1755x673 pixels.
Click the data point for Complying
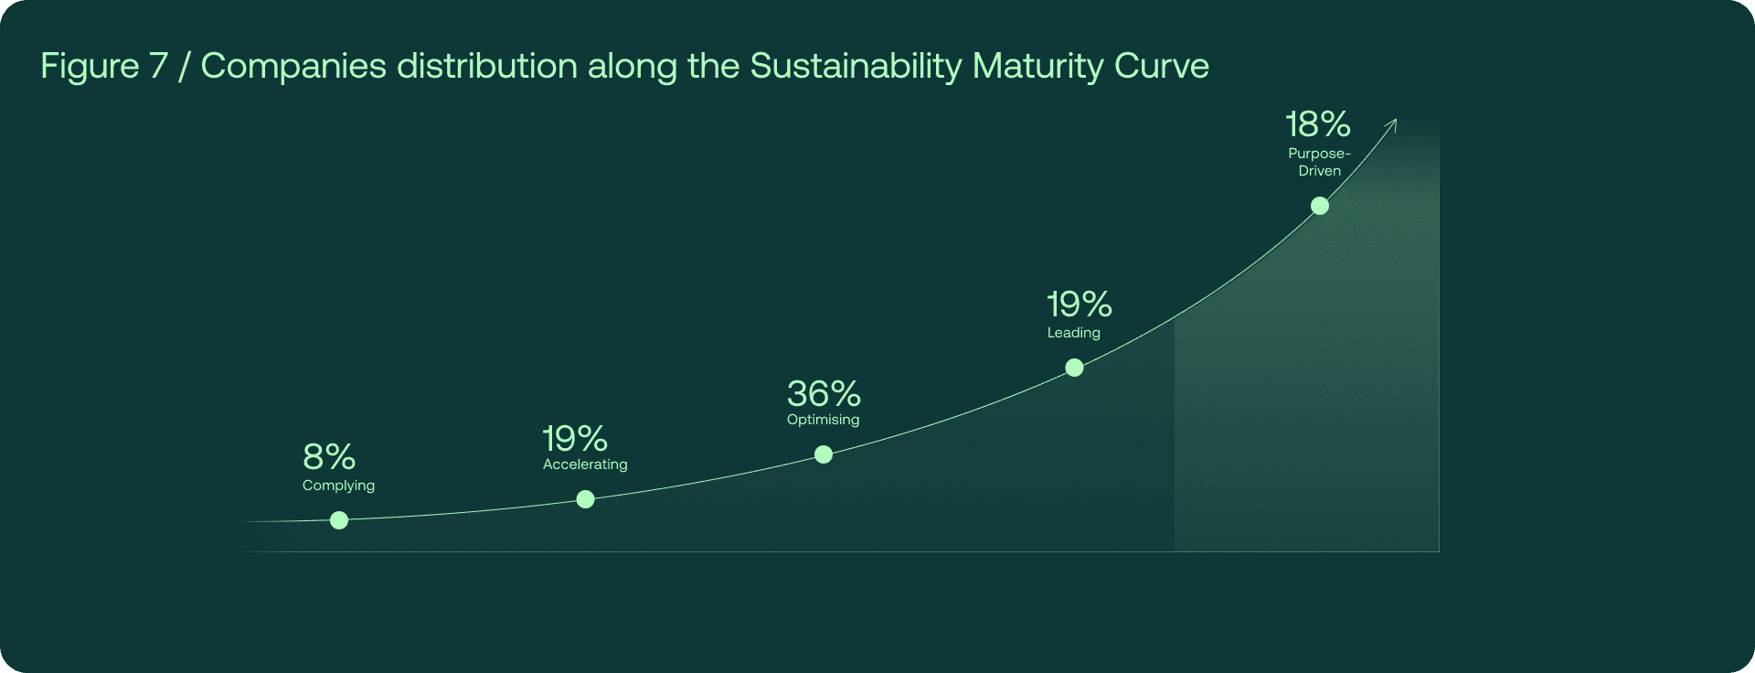[x=339, y=520]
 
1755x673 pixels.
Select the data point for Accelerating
[x=586, y=499]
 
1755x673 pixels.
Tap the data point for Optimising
[x=824, y=454]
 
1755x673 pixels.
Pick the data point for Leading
[x=1075, y=368]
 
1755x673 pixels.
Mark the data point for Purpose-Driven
[x=1320, y=206]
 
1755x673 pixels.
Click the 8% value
[x=329, y=456]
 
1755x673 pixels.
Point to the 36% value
[x=824, y=394]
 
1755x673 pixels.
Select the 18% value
[x=1318, y=124]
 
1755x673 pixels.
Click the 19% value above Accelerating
[x=575, y=439]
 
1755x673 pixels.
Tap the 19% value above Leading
[x=1080, y=304]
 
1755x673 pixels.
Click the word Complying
[x=338, y=486]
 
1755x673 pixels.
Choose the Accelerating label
[x=585, y=465]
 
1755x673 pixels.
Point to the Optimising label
[x=823, y=420]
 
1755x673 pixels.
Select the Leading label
[x=1074, y=333]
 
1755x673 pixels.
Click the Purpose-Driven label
[x=1320, y=162]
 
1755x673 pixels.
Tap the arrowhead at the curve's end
[x=1393, y=123]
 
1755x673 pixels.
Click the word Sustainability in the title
[x=856, y=67]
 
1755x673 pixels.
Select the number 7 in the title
[x=158, y=66]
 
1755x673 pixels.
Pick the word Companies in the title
[x=293, y=67]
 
